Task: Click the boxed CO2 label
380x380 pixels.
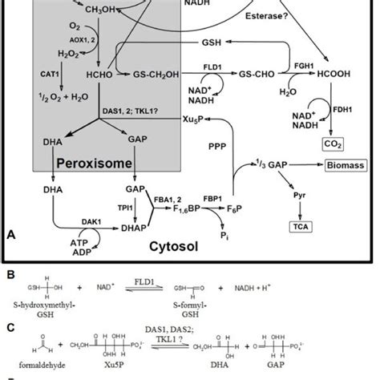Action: [x=330, y=144]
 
